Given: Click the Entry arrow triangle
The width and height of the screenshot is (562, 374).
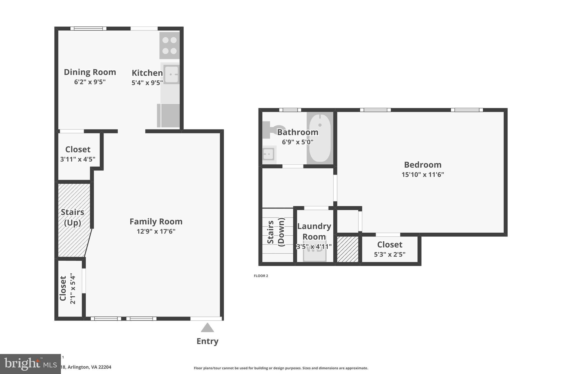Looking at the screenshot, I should [x=207, y=328].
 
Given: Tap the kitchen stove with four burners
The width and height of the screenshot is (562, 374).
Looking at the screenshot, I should [x=169, y=45].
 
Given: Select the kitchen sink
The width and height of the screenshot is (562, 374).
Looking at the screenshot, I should [x=171, y=74].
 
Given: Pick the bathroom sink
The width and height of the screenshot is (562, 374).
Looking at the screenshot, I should [x=269, y=154].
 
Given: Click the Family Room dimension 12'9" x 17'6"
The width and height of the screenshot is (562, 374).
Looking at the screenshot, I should [x=156, y=232].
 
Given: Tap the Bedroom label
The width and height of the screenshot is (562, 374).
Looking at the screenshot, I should [x=423, y=165].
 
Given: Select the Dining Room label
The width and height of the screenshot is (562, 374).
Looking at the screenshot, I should [x=90, y=72].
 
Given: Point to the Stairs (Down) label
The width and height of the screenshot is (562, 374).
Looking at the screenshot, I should [x=276, y=232].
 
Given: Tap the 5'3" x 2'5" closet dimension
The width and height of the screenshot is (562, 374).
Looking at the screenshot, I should [x=389, y=255].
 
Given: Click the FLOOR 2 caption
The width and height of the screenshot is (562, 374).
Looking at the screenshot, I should [x=261, y=276].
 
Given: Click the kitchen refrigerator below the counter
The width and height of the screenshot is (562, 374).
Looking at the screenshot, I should [x=168, y=115].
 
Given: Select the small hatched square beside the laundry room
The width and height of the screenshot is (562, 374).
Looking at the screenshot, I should [x=347, y=249].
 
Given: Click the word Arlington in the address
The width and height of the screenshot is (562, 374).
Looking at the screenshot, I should [x=78, y=367].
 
